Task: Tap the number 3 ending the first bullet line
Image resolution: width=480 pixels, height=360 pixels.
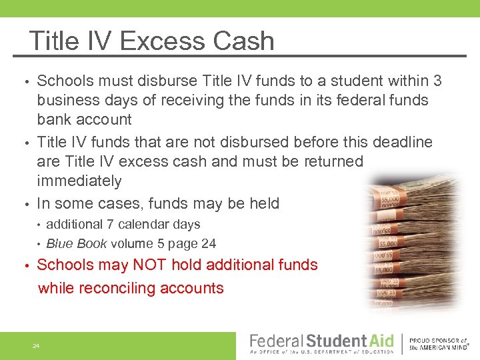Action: click(437, 81)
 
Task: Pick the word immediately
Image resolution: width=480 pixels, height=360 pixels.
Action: click(79, 181)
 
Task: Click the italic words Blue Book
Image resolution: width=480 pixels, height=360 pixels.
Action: click(77, 244)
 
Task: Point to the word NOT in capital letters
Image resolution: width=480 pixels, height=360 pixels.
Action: click(150, 265)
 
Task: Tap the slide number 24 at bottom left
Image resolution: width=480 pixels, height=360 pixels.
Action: click(36, 346)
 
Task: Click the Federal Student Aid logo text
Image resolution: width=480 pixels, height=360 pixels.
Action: click(321, 342)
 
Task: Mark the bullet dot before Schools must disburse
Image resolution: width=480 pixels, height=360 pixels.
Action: click(26, 82)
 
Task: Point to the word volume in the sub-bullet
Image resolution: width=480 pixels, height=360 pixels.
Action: click(134, 244)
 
